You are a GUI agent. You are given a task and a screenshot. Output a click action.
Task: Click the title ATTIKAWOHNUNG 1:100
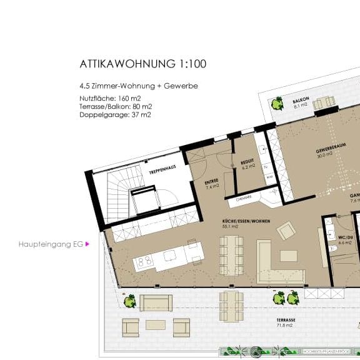click(x=142, y=64)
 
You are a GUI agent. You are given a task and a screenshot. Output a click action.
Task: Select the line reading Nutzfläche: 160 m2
click(x=109, y=97)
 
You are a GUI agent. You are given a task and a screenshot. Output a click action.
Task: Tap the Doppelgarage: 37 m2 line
click(x=115, y=114)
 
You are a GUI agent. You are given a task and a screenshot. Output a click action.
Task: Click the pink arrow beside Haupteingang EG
click(x=87, y=244)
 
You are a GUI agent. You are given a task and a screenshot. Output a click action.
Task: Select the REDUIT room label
click(x=248, y=162)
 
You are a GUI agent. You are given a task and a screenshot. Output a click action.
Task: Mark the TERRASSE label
click(x=286, y=319)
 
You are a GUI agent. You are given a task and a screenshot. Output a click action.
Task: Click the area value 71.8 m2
click(x=286, y=326)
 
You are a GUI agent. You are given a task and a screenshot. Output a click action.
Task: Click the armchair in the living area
click(x=284, y=232)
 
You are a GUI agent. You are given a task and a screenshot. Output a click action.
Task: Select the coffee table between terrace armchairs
click(x=156, y=324)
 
